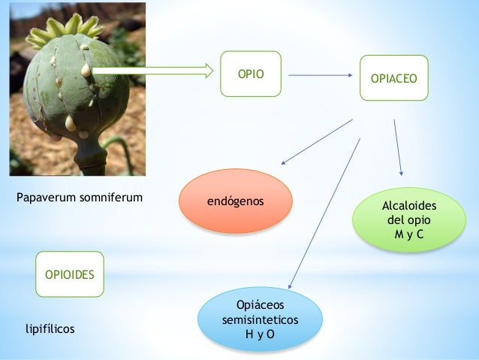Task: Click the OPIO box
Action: (250, 74)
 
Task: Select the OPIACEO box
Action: (394, 77)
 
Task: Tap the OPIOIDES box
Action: (70, 275)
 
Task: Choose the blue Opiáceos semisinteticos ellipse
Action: (260, 319)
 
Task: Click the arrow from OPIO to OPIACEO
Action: (321, 74)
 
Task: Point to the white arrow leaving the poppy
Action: (154, 71)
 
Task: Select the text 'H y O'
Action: (260, 334)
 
